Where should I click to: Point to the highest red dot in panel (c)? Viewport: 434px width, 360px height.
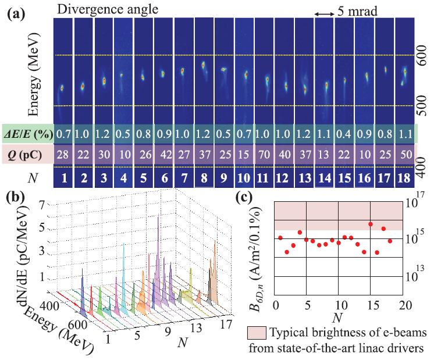371,224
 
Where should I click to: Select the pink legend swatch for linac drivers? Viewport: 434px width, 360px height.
258,332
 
